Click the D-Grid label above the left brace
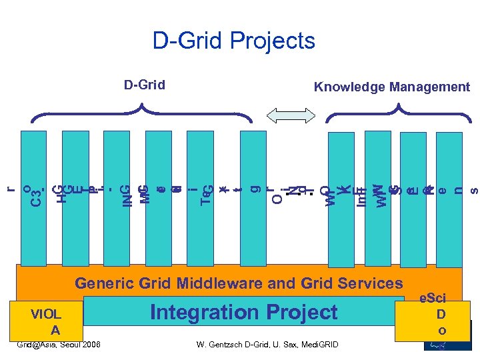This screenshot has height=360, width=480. pyautogui.click(x=145, y=85)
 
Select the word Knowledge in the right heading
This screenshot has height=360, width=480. pyautogui.click(x=351, y=87)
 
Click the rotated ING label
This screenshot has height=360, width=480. pyautogui.click(x=125, y=195)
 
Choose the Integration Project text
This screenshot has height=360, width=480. pyautogui.click(x=244, y=312)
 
